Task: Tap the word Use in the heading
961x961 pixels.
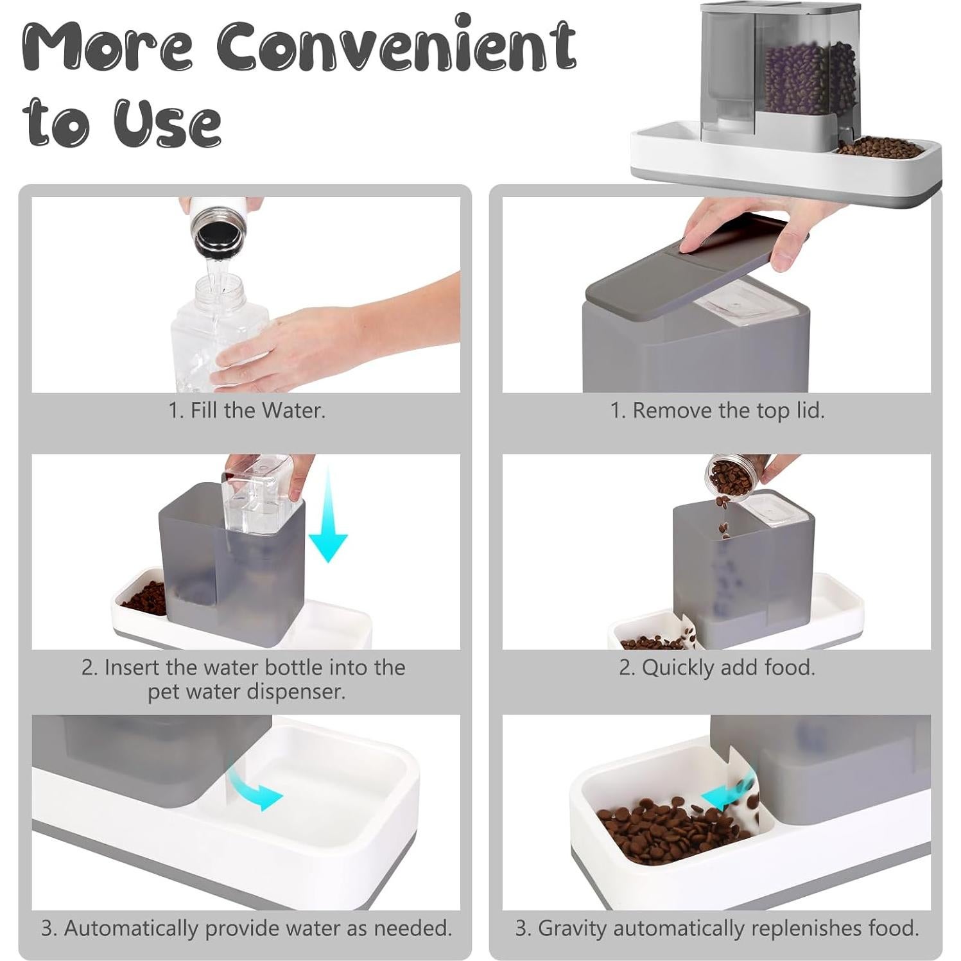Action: pos(168,122)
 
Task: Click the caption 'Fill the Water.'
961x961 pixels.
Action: pos(247,410)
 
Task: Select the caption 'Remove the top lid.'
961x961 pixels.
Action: pos(717,410)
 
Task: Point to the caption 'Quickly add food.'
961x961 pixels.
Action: pos(716,668)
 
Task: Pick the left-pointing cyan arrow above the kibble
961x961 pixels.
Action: pos(725,797)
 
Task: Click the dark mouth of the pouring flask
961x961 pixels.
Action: pos(216,236)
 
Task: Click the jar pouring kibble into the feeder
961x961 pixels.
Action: pos(731,477)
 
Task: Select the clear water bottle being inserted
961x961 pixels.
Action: pos(257,494)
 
